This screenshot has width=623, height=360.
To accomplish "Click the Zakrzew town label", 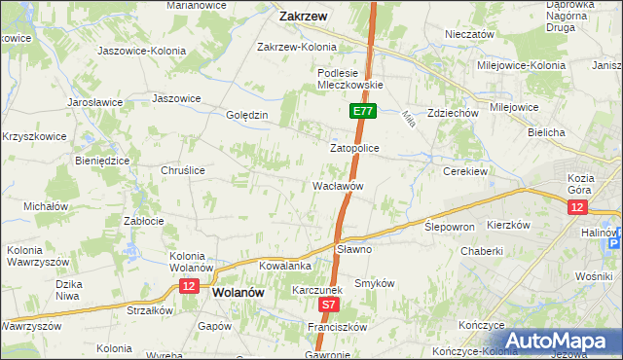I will (x=302, y=17).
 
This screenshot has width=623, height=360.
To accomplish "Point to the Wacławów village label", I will (x=338, y=185).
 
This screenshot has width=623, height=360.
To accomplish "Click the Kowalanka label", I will (x=285, y=265).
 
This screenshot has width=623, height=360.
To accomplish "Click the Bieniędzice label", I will (x=102, y=160).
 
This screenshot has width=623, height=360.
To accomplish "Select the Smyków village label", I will (x=373, y=283).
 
